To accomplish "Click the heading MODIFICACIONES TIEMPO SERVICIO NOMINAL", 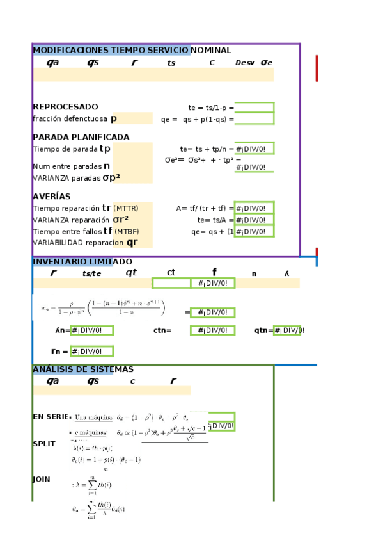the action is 132,50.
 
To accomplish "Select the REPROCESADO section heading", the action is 65,107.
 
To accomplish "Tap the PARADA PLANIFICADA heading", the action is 81,137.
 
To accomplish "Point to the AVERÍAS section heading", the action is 51,197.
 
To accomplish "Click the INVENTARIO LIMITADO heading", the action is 82,262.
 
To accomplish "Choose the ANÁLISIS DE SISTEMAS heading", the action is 83,369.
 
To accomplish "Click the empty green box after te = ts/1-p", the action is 254,108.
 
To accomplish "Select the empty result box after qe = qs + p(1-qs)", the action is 254,119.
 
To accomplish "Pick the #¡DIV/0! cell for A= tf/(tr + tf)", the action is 254,208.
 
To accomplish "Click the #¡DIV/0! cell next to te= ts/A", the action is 254,220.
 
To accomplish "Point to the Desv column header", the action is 245,63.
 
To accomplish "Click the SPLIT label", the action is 44,444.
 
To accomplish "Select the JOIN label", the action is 42,479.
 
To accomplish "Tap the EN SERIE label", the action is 50,417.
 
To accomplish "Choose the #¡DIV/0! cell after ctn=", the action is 212,331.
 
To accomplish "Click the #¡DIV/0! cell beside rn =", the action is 91,352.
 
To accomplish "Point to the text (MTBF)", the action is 127,232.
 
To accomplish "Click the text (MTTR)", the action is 125,209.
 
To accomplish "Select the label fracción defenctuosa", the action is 70,119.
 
